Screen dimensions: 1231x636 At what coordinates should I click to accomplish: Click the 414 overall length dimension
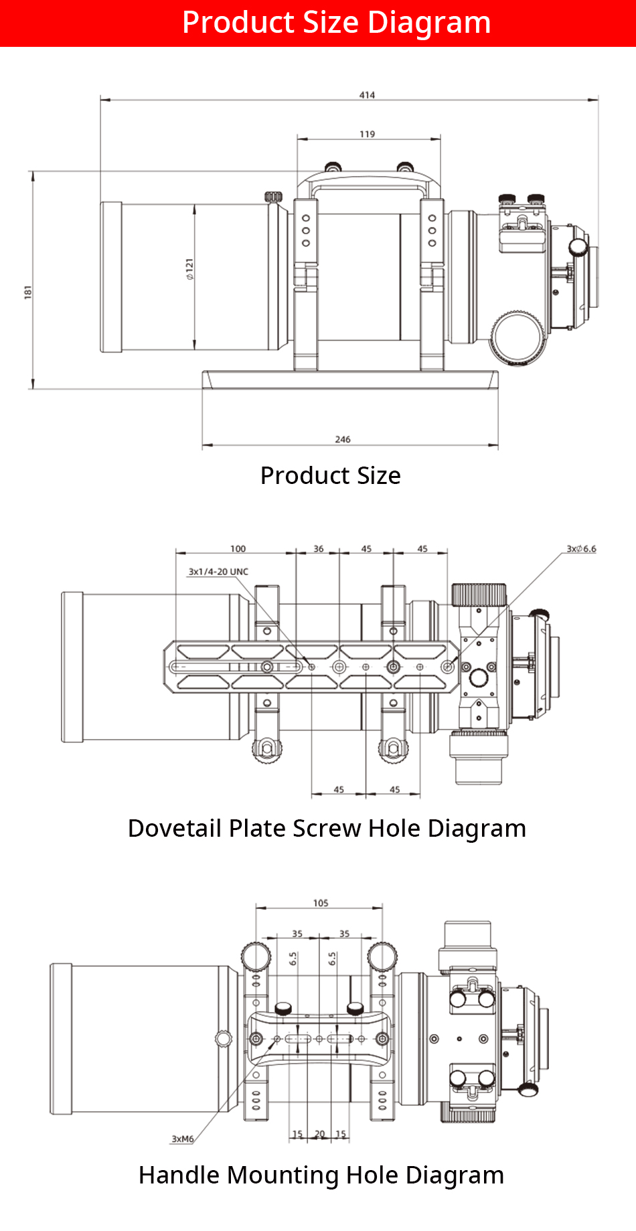(x=367, y=95)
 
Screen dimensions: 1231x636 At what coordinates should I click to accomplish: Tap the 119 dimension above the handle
(x=367, y=134)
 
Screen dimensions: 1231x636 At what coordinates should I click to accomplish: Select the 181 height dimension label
(x=28, y=292)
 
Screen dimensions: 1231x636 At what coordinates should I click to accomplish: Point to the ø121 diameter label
(x=189, y=268)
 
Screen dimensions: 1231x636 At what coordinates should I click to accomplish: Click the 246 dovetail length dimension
(x=343, y=439)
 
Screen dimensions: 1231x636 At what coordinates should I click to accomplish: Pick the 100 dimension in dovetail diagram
(x=238, y=549)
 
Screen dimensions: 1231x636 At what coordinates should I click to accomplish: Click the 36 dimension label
(x=319, y=549)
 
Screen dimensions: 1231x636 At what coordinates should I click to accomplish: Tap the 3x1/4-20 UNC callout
(x=218, y=572)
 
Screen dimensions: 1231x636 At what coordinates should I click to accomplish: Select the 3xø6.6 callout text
(x=581, y=549)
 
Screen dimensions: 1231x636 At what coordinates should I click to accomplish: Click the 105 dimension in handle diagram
(x=321, y=903)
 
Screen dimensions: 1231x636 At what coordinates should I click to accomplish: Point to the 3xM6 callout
(x=183, y=1139)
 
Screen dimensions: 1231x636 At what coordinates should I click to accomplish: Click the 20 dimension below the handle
(x=320, y=1134)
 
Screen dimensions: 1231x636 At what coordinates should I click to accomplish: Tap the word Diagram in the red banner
(x=429, y=23)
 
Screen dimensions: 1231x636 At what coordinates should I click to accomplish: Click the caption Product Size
(x=330, y=475)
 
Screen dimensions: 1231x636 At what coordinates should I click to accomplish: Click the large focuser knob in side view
(x=518, y=338)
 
